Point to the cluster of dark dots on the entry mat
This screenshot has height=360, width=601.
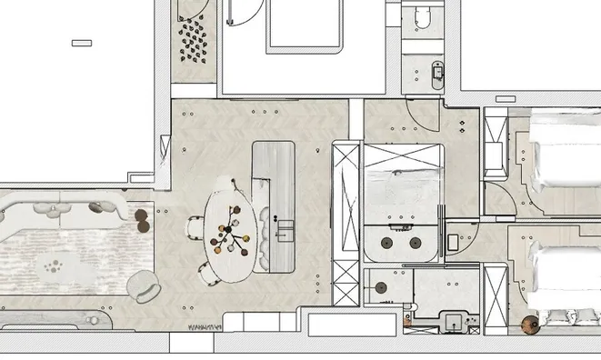[x=194, y=41]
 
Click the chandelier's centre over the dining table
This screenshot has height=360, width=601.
[x=231, y=239]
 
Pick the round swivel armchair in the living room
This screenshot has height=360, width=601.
[x=143, y=287]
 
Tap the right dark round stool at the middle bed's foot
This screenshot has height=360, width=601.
[x=416, y=243]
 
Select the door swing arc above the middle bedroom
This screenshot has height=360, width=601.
[x=419, y=114]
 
